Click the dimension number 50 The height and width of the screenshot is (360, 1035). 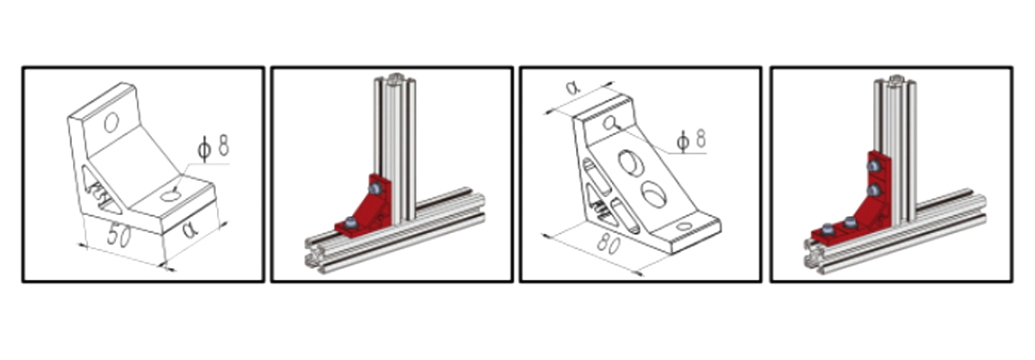click(x=118, y=237)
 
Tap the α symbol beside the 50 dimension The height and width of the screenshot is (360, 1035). click(x=190, y=229)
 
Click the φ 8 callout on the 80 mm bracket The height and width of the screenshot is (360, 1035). click(x=691, y=139)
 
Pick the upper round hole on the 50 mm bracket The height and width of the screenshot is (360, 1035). click(x=111, y=122)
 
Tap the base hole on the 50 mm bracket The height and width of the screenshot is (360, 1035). click(x=169, y=195)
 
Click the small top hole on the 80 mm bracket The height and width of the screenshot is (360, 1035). click(x=609, y=122)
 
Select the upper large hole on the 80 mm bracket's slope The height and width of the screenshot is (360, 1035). click(x=629, y=162)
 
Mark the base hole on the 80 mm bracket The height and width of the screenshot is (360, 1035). click(x=685, y=227)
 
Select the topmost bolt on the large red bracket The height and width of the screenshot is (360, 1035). click(x=873, y=166)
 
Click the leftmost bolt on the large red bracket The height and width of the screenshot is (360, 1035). click(x=827, y=229)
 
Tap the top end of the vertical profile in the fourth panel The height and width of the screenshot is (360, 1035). click(x=895, y=81)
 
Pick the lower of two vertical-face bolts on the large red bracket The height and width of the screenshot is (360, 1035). click(x=873, y=191)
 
